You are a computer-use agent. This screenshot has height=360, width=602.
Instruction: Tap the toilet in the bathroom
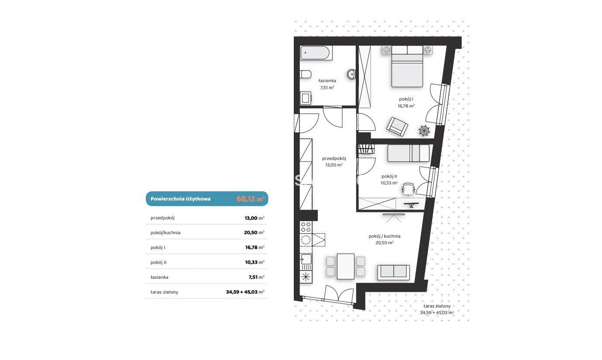tap(305, 74)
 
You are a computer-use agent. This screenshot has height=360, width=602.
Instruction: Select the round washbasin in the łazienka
tap(351, 74)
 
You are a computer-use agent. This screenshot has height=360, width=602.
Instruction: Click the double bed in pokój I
tap(407, 66)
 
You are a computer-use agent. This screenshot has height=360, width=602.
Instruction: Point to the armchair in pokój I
tap(397, 126)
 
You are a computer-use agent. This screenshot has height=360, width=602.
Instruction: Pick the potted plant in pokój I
tap(424, 131)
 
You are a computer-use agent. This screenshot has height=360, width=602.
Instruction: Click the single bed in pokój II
tap(409, 153)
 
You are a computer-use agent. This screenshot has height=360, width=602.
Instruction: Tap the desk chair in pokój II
tap(409, 189)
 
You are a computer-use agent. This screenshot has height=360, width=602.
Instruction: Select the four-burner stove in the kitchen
tap(306, 227)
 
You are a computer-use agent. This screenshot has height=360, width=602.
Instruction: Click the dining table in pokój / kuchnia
tap(346, 267)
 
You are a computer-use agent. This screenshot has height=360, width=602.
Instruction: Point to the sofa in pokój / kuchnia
tap(393, 273)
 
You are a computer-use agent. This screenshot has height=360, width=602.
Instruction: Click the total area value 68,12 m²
tap(250, 199)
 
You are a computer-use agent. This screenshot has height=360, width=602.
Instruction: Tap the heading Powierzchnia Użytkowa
tap(180, 199)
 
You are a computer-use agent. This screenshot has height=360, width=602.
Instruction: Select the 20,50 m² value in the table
tap(254, 232)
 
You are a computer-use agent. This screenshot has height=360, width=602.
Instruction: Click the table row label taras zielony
tap(164, 292)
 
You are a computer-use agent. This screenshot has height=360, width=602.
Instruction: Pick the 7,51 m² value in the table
tap(256, 277)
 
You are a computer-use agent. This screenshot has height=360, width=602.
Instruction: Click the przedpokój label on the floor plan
tap(334, 159)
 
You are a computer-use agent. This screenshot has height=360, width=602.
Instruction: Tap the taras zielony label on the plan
tap(437, 306)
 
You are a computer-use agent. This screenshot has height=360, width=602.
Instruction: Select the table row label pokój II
tap(158, 262)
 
